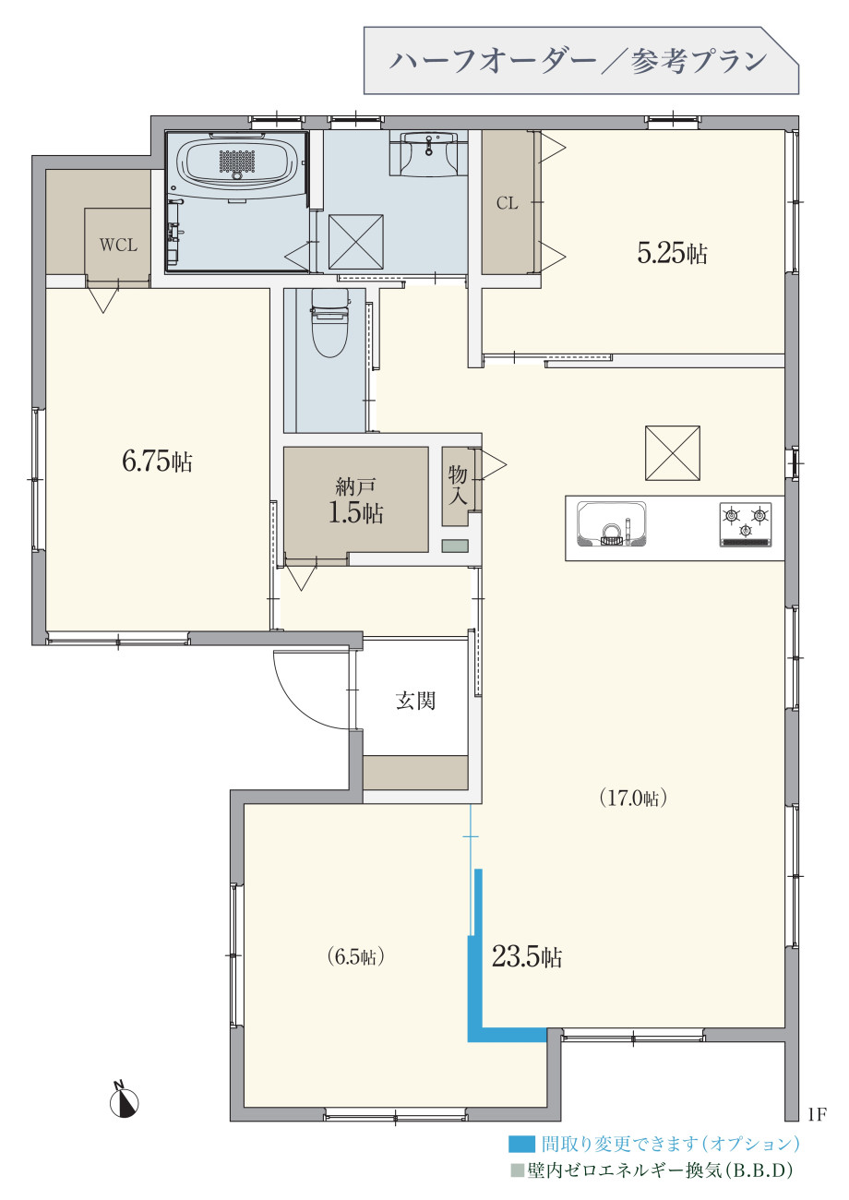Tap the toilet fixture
(x=330, y=323)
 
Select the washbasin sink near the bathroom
(x=428, y=152)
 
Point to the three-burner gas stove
(x=745, y=524)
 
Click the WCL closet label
(x=118, y=245)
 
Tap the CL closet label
(x=507, y=203)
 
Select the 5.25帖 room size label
(x=672, y=253)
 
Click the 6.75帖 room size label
(x=157, y=461)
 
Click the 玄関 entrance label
(x=415, y=701)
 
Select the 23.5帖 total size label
(x=527, y=956)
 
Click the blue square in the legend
(x=521, y=1145)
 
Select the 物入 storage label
(x=458, y=486)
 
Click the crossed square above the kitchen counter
(x=672, y=452)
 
